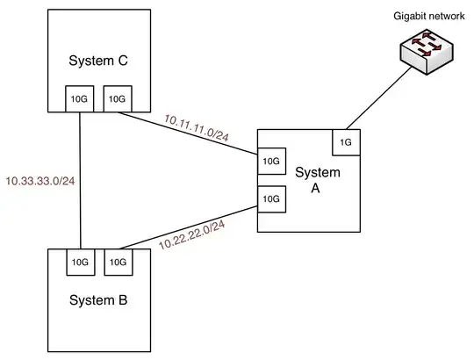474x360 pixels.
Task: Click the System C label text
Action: (97, 61)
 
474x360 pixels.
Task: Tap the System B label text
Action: (97, 300)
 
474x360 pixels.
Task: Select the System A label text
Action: (317, 180)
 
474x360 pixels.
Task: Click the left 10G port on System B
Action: (80, 261)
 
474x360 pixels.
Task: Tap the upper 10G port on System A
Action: (270, 161)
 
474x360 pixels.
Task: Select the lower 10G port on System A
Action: (270, 199)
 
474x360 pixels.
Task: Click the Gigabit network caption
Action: (416, 17)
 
